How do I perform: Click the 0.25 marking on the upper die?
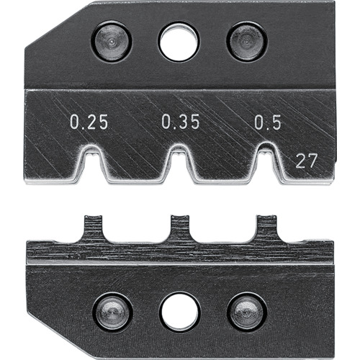89,122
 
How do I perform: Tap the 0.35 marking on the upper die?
181,122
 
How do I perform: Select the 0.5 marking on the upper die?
268,122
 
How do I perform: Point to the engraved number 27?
307,161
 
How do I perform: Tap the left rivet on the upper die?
112,42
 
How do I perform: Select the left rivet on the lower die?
112,313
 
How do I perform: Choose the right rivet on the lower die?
247,313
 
